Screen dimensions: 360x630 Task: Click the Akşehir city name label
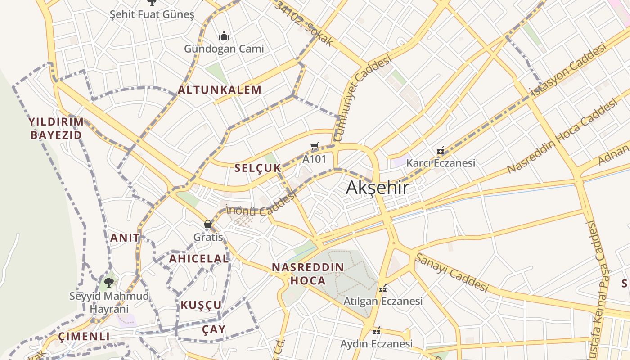[x=377, y=188]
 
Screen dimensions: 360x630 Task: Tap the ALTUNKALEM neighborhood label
[x=220, y=90]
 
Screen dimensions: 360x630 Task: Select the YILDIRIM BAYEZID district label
[x=56, y=128]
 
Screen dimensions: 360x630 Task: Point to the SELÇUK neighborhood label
[x=257, y=168]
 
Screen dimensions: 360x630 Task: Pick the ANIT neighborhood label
[x=125, y=238]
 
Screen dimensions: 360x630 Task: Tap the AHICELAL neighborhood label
[x=199, y=259]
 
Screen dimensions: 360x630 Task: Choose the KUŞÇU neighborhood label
[x=201, y=305]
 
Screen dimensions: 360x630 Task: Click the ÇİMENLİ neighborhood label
[x=84, y=337]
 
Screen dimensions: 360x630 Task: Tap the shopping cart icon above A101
[x=315, y=146]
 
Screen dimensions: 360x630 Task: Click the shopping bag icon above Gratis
[x=208, y=224]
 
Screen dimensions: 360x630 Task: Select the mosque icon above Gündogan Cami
[x=224, y=36]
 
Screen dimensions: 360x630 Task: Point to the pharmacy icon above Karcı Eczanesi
[x=441, y=150]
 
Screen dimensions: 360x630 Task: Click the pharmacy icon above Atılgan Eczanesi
[x=383, y=288]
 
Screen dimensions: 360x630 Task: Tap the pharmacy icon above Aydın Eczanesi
[x=377, y=331]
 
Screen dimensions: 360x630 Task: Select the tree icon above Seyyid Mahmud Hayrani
[x=108, y=283]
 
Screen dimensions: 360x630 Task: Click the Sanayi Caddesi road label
[x=451, y=272]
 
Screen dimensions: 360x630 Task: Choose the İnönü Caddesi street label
[x=261, y=205]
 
